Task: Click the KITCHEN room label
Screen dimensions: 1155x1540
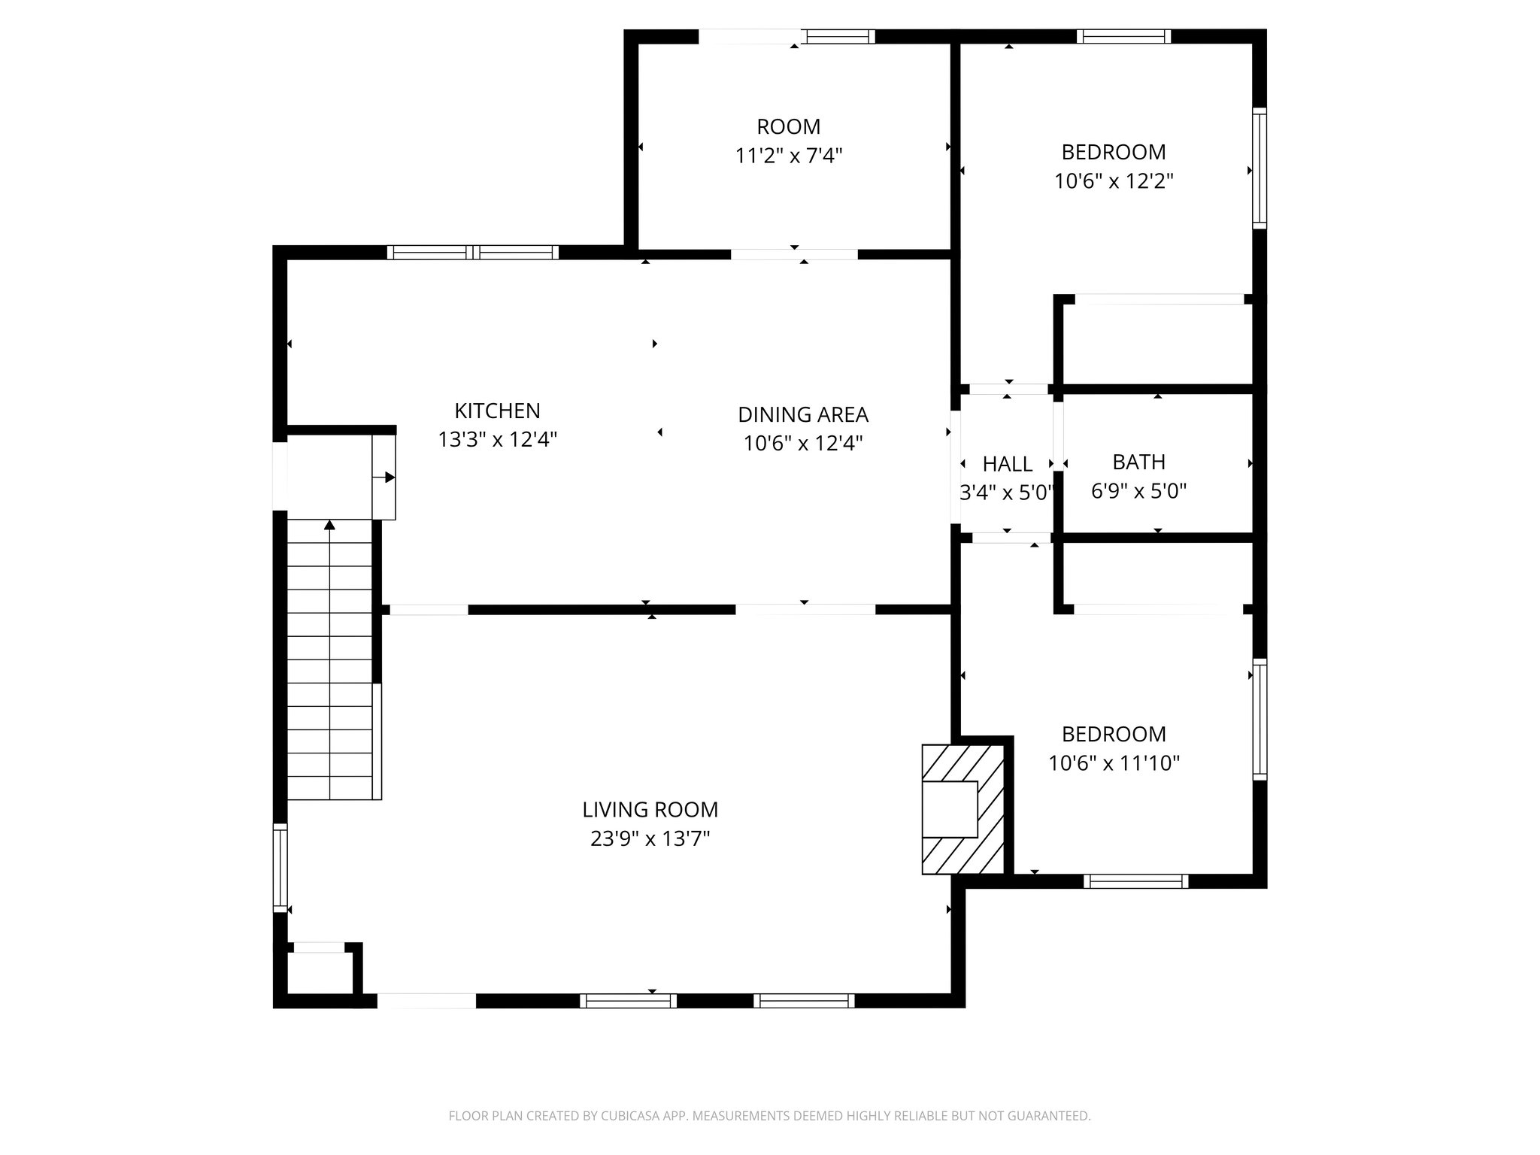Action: coord(497,411)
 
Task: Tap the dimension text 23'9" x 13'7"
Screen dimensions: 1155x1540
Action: coord(650,838)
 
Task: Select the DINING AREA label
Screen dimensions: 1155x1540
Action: coord(802,414)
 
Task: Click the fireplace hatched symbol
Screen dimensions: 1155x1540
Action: coord(963,809)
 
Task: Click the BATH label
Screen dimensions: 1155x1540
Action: coord(1138,462)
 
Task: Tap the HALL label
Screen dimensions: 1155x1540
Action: coord(1007,464)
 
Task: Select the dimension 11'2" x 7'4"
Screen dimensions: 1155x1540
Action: coord(788,156)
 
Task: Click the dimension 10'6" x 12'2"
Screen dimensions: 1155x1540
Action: coord(1114,181)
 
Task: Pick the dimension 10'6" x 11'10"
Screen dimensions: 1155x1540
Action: coord(1114,763)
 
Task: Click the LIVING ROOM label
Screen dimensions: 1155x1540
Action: coord(650,809)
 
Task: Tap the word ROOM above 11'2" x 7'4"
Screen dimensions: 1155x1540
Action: coord(788,126)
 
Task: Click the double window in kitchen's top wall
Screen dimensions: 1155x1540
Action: coord(472,253)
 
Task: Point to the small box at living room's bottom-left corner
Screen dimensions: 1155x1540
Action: coord(317,972)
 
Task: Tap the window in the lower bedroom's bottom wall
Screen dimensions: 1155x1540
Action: coord(1135,881)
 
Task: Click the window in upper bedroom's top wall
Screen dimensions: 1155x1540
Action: coord(1123,36)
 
